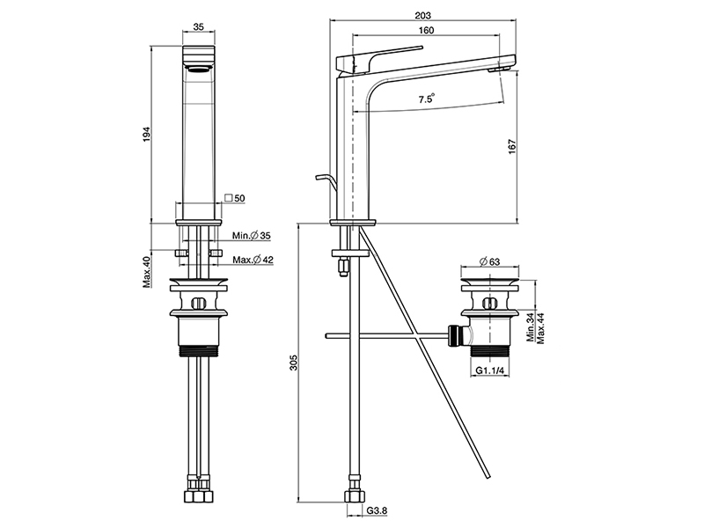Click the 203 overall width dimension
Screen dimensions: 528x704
coord(422,15)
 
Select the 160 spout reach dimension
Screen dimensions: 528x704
coord(426,31)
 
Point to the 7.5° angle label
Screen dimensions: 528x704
coord(427,99)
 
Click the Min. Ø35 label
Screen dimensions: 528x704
coord(251,236)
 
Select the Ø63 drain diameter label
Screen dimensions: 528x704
coord(490,261)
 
